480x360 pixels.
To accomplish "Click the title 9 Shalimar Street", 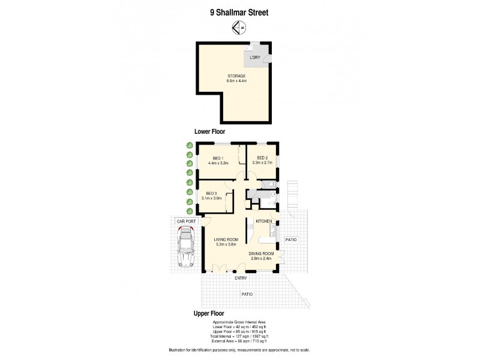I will click(239, 10).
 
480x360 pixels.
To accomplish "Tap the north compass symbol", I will click(240, 27).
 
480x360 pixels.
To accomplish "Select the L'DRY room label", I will click(255, 58).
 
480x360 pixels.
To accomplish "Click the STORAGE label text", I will click(236, 76).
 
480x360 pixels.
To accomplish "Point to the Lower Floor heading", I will click(209, 131).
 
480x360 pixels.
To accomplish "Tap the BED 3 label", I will click(212, 193).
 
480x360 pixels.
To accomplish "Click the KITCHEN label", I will click(264, 221).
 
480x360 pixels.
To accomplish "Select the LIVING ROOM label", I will click(226, 240).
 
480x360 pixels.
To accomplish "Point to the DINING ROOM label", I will click(262, 254).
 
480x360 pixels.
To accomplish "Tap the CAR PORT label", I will click(187, 221).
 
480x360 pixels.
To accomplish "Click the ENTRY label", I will click(241, 278).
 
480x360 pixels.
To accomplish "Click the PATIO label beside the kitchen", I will click(290, 240).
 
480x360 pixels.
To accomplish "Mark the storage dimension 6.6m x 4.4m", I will click(236, 80).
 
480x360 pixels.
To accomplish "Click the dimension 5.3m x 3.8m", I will click(226, 245).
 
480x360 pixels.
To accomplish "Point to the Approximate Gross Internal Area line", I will click(239, 323).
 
